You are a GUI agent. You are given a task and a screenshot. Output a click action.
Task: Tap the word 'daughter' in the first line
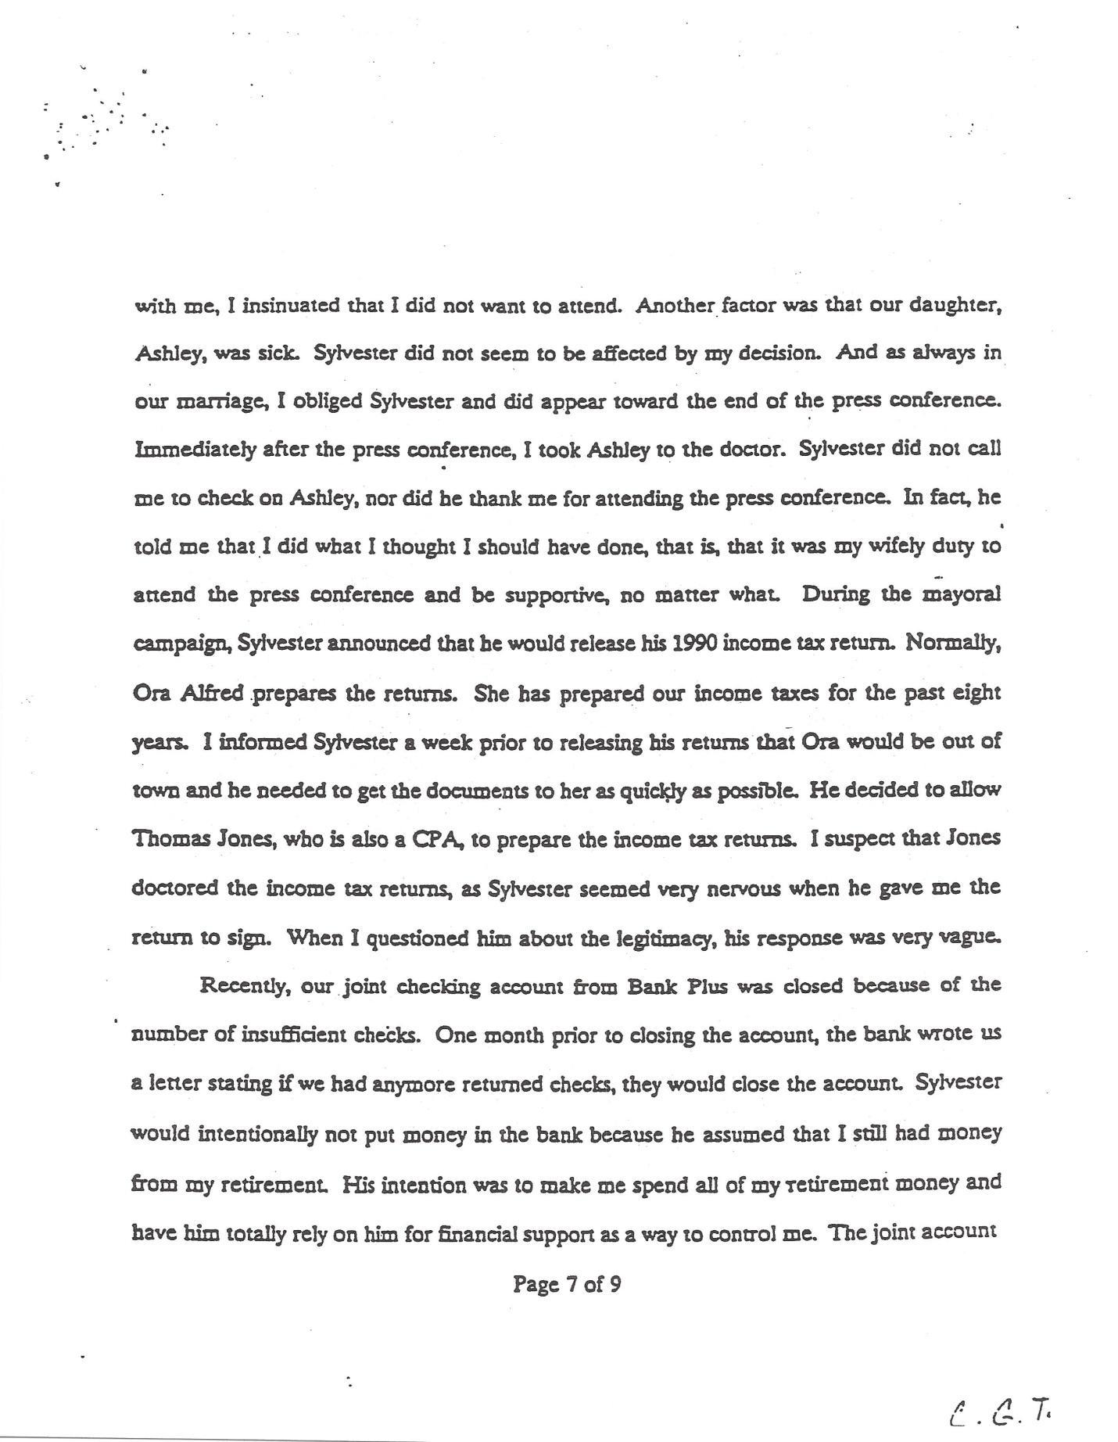[955, 305]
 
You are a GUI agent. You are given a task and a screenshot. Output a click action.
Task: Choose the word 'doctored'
[174, 888]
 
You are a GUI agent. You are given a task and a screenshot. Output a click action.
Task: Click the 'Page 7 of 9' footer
[567, 1283]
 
